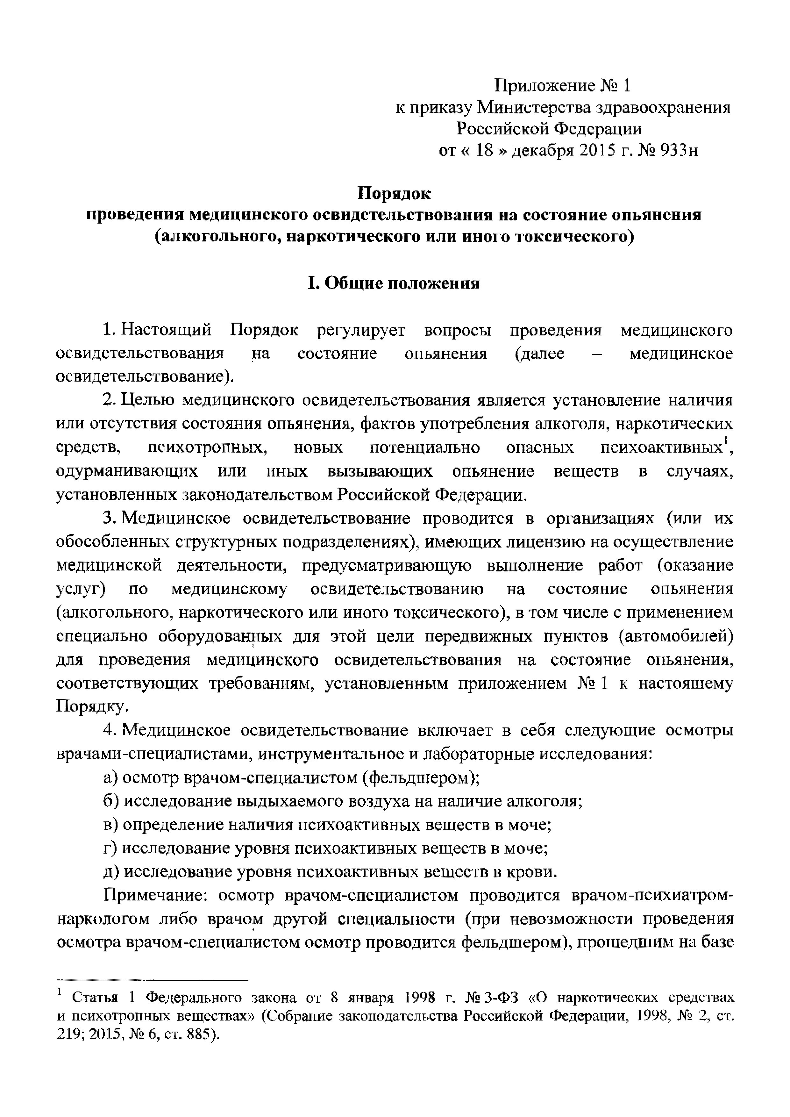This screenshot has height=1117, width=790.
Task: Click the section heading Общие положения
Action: (402, 283)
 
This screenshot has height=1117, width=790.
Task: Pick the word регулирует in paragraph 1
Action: (360, 330)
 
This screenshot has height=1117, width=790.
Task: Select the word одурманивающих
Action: (127, 471)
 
